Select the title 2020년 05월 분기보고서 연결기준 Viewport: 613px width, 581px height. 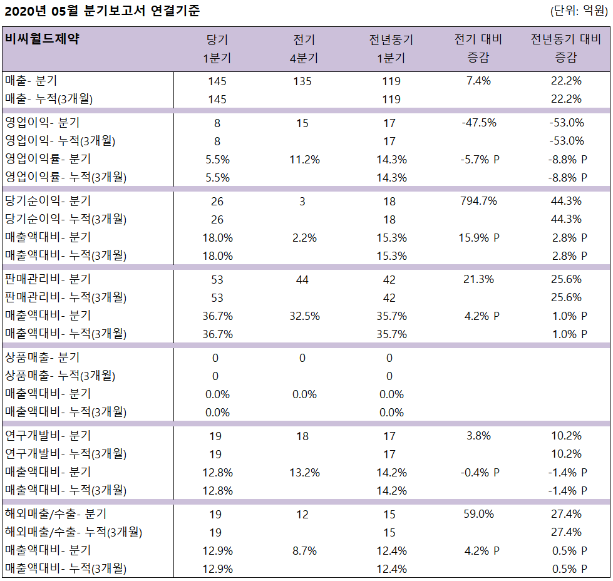101,11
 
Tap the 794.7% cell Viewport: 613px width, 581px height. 478,201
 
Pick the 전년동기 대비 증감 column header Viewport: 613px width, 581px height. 565,48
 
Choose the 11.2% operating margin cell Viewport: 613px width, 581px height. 304,159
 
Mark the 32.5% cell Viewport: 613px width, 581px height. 304,316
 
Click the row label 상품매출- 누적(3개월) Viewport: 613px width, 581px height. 59,376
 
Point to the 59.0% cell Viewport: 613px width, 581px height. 478,514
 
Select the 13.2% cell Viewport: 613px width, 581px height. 304,472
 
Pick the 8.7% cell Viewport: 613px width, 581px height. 304,551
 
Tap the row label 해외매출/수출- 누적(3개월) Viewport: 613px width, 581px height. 73,532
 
